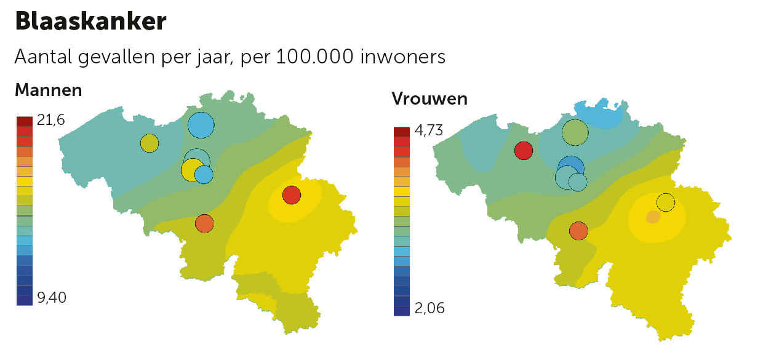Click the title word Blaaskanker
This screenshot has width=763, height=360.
coord(90,22)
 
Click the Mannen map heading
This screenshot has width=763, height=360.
coord(48,90)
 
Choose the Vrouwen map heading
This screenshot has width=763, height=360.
coord(429,99)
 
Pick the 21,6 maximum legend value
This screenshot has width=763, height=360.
coord(50,120)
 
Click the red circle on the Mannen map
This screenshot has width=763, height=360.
coord(292,195)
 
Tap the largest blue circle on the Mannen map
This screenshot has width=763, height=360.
coord(201,125)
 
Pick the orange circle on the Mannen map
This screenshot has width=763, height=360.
coord(204,223)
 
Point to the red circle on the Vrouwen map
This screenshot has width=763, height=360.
coord(524,150)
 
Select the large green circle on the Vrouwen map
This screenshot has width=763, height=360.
coord(575,132)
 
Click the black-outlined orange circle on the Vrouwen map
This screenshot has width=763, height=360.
coord(578,231)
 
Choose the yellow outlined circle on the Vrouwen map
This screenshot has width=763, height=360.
coord(666,202)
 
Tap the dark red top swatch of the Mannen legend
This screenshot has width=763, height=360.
coord(25,121)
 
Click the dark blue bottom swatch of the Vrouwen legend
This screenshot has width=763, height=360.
coord(401,310)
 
